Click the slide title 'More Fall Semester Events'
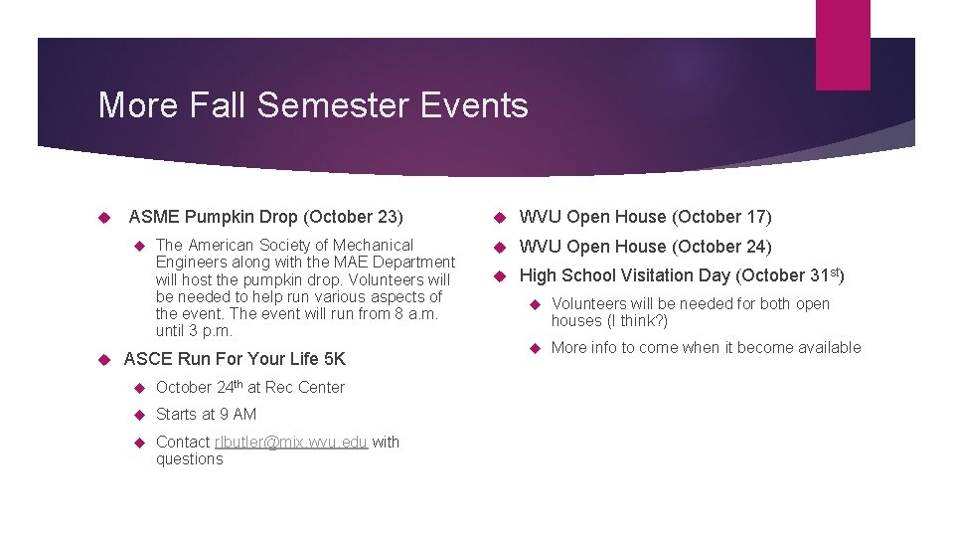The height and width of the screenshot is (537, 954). (x=312, y=104)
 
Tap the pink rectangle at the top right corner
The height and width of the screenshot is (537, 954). (x=842, y=45)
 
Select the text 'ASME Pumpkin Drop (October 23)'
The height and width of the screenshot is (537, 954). (x=265, y=217)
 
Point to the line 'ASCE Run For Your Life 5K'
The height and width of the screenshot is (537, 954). (x=235, y=359)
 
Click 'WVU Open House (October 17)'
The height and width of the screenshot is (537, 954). (x=645, y=217)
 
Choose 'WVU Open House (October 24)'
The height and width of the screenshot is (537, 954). (x=645, y=247)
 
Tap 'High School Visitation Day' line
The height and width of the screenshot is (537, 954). (x=682, y=275)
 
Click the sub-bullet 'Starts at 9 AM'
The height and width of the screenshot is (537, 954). (x=206, y=414)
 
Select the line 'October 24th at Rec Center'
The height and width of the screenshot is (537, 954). (x=249, y=387)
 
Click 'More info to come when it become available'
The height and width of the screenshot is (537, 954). (x=706, y=347)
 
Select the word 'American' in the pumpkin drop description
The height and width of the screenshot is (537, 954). (x=219, y=245)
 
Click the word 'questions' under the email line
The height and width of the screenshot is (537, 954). (x=189, y=459)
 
